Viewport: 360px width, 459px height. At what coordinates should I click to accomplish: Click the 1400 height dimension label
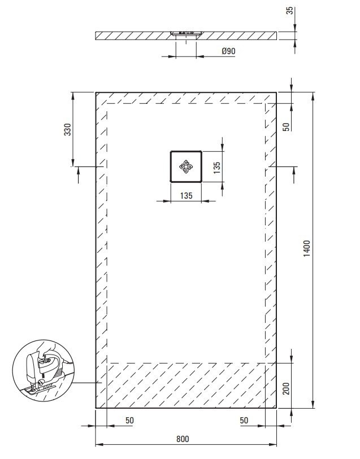coord(306,248)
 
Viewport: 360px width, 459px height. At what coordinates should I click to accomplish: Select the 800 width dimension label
coord(183,439)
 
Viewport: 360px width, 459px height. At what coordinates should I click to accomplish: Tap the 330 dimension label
coord(67,129)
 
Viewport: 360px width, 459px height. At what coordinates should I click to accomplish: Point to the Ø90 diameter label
coord(228,51)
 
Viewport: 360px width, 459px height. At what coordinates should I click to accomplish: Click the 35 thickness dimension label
coord(289,11)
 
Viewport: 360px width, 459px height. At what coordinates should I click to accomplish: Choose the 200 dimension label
coord(286,388)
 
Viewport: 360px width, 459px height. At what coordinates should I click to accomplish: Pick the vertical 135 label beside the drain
coord(217,168)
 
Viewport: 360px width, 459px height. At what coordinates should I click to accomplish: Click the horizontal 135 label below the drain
coord(186,195)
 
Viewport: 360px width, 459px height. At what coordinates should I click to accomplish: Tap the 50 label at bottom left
coord(129,421)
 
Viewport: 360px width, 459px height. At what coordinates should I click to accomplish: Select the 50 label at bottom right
coord(244,421)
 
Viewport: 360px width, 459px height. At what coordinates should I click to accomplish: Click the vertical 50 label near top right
coord(286,127)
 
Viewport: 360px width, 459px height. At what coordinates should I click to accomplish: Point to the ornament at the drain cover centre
coord(186,167)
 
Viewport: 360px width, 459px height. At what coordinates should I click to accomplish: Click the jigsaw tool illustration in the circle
coord(44,370)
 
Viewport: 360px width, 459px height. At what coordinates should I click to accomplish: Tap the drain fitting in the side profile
coord(186,33)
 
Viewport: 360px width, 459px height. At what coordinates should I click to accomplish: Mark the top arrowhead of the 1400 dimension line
coord(313,96)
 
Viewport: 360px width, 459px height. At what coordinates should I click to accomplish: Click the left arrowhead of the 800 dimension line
coord(99,444)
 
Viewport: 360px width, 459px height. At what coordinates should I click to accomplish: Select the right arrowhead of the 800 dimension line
coord(273,444)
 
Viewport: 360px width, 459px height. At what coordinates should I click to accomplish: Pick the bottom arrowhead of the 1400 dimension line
coord(313,404)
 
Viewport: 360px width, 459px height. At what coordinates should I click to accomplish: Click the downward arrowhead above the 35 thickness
coord(294,28)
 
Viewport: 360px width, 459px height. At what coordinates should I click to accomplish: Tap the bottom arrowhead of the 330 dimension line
coord(73,163)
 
